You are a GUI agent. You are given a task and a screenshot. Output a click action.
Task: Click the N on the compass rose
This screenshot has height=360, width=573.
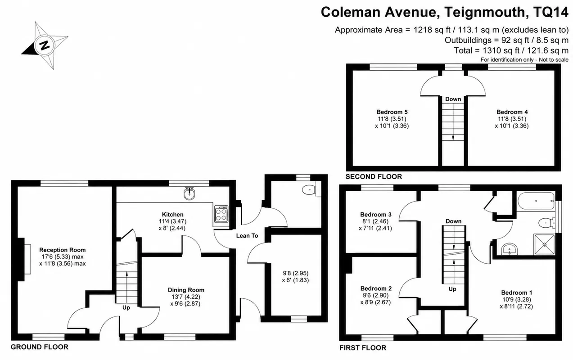[x=45, y=45]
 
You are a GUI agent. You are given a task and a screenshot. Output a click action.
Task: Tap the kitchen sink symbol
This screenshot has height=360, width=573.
[x=189, y=193]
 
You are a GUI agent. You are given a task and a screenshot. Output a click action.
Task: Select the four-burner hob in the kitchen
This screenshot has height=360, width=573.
[x=221, y=214]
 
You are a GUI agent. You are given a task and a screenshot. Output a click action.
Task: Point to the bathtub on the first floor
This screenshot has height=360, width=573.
[x=536, y=201]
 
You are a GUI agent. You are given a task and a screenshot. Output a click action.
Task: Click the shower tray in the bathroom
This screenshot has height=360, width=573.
[x=544, y=244]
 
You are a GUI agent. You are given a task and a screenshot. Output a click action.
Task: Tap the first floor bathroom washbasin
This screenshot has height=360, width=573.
[x=510, y=249]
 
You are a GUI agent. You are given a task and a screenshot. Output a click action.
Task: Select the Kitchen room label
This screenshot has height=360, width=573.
[x=173, y=215]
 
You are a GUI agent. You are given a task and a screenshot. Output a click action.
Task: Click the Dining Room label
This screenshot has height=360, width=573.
[x=186, y=290]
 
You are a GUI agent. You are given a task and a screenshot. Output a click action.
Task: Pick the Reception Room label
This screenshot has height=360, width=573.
[x=63, y=250]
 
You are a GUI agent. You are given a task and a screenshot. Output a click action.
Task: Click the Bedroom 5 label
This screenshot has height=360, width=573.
[x=392, y=112]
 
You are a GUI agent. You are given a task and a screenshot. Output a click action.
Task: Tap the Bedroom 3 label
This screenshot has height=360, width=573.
[x=376, y=215]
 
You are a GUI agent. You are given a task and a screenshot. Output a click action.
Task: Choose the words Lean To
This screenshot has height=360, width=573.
[x=247, y=236]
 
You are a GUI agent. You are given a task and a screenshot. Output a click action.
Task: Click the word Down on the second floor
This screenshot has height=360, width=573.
[x=453, y=99]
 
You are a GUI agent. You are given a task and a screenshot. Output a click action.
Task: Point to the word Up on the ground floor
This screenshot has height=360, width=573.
[x=126, y=308]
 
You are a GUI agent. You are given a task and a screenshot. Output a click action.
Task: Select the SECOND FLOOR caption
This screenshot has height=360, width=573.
[x=374, y=177]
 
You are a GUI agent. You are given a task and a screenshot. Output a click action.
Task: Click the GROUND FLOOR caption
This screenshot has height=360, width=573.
[x=40, y=347]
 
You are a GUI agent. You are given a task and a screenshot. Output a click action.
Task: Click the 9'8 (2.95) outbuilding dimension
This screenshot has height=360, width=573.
[x=295, y=273]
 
